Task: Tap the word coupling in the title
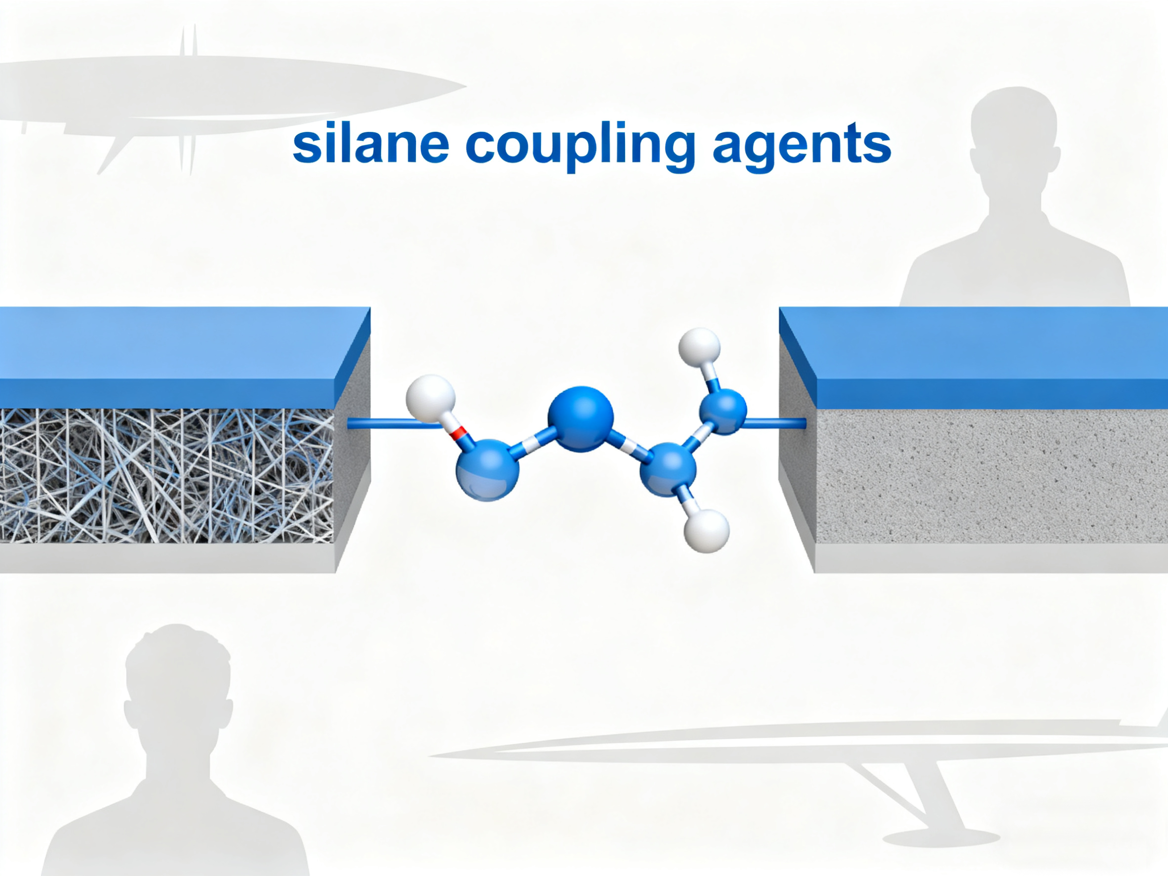pos(581,146)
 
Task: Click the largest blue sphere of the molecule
pos(581,419)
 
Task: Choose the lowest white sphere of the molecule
pos(707,531)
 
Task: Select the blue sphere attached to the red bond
pos(487,469)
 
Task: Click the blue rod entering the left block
pos(393,423)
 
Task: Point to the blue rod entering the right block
pos(775,422)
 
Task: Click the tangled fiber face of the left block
pos(167,476)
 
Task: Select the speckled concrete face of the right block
pos(992,476)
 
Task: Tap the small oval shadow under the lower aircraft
pos(941,838)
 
